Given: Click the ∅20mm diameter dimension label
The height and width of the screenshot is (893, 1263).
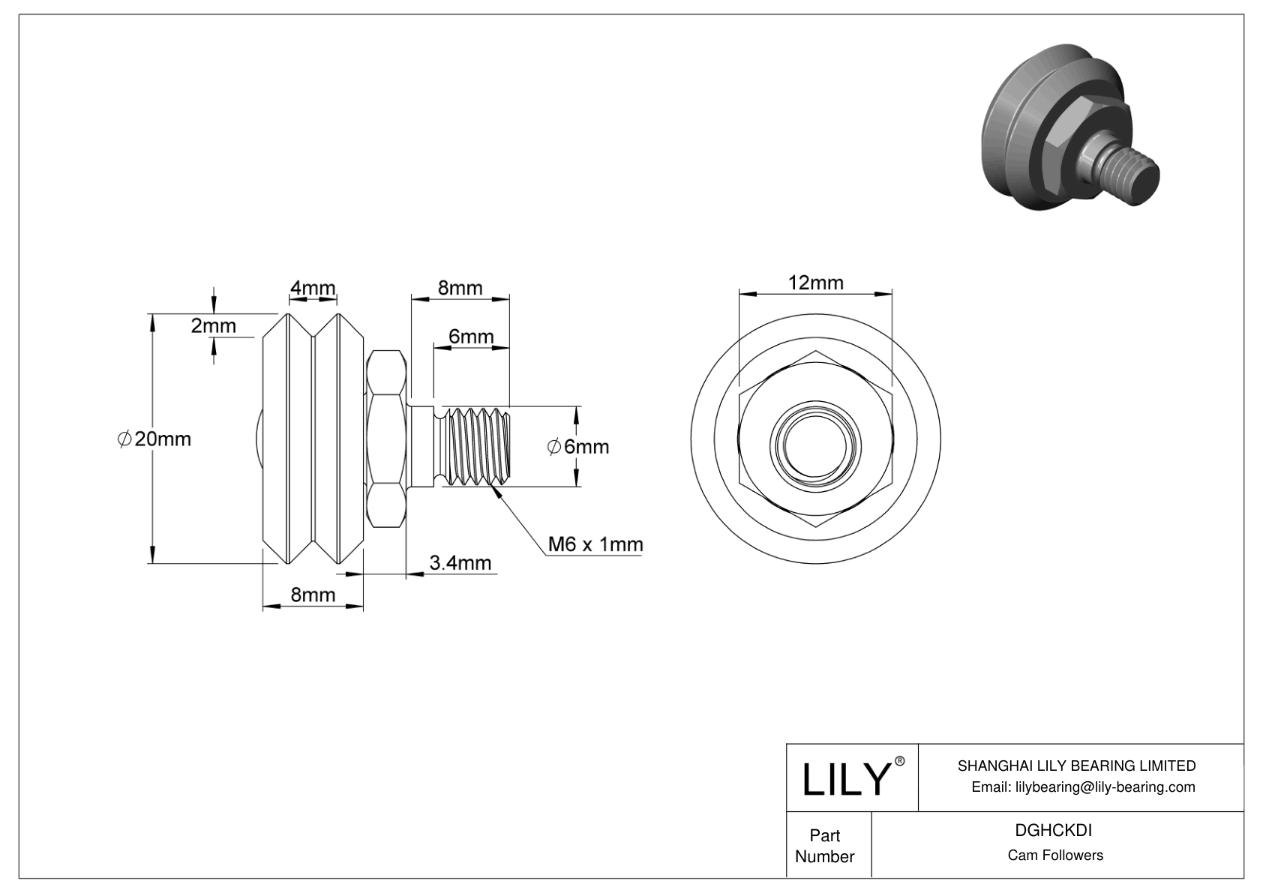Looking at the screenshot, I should pyautogui.click(x=154, y=439).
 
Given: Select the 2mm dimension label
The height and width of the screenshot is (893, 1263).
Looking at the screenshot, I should pyautogui.click(x=213, y=326).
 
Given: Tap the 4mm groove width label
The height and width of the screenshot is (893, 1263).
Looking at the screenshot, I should pyautogui.click(x=313, y=288).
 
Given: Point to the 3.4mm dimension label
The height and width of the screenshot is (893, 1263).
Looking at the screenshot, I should pyautogui.click(x=460, y=562).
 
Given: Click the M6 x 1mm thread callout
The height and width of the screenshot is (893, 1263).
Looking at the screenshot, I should pyautogui.click(x=595, y=544).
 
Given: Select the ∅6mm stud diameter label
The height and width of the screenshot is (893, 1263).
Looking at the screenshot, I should pyautogui.click(x=577, y=447).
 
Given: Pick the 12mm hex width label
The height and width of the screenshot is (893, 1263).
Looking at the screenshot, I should pyautogui.click(x=815, y=283).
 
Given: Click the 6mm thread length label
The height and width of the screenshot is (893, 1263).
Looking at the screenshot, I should pyautogui.click(x=471, y=337).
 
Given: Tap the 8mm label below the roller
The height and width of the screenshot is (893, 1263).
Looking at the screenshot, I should pyautogui.click(x=313, y=595).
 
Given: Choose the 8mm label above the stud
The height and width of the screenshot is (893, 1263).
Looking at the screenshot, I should pyautogui.click(x=460, y=288).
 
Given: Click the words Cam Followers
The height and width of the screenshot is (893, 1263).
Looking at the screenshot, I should pyautogui.click(x=1054, y=856).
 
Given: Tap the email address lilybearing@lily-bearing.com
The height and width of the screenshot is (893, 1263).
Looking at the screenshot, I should pyautogui.click(x=1083, y=787).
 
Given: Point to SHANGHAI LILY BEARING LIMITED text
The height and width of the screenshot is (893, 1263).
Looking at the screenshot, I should pyautogui.click(x=1076, y=766).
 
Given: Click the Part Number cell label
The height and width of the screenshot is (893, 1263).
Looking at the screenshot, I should pyautogui.click(x=824, y=846).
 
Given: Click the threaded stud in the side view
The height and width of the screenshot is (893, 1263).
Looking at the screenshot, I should pyautogui.click(x=477, y=447).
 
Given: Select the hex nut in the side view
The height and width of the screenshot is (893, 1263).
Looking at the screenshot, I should pyautogui.click(x=387, y=439).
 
